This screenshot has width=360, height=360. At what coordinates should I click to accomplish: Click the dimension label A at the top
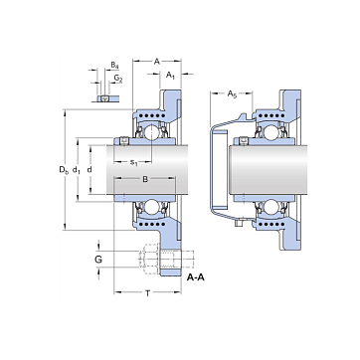pyautogui.click(x=157, y=62)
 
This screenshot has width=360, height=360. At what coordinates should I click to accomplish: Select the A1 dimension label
pyautogui.click(x=170, y=75)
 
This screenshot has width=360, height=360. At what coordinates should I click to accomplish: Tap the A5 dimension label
pyautogui.click(x=232, y=94)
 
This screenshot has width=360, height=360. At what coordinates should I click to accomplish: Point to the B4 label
pyautogui.click(x=114, y=65)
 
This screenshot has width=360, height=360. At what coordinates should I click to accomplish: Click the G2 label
pyautogui.click(x=118, y=79)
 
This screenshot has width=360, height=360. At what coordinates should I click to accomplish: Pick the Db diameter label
pyautogui.click(x=64, y=170)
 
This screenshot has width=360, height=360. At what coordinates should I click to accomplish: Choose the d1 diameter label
pyautogui.click(x=77, y=170)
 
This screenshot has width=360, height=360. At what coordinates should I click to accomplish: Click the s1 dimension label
pyautogui.click(x=133, y=162)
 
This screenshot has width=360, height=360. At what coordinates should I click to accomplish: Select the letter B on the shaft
pyautogui.click(x=145, y=179)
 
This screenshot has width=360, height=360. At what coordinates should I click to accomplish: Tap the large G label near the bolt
pyautogui.click(x=98, y=260)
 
